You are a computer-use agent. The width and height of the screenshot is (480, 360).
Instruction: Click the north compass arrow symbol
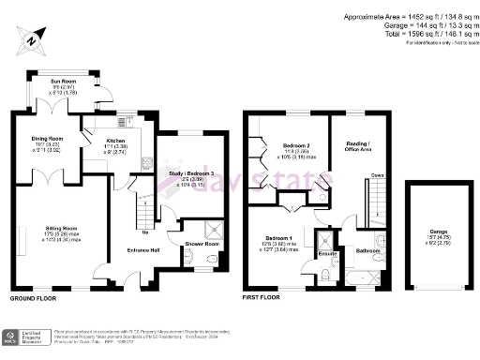click(x=32, y=40)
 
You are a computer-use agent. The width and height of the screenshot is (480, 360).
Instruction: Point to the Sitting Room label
click(x=57, y=226)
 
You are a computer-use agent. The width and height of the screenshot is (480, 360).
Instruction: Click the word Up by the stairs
click(x=145, y=232)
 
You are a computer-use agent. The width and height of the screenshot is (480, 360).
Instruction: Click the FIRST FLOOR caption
click(x=262, y=298)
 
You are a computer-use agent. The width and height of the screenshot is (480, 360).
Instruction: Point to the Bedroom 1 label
click(x=282, y=240)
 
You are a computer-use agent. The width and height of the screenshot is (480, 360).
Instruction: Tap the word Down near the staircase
click(x=377, y=175)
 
